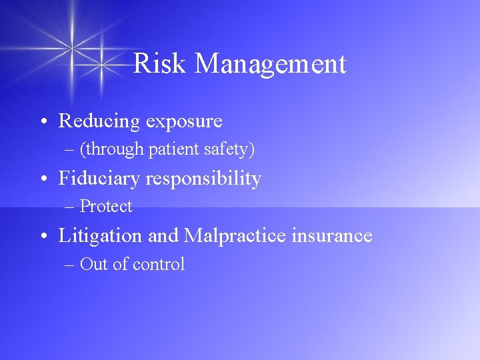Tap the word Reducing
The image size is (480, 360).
pyautogui.click(x=99, y=122)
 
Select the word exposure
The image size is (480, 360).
pyautogui.click(x=184, y=122)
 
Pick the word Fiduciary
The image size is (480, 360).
pyautogui.click(x=99, y=179)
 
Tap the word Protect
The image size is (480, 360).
pyautogui.click(x=106, y=207)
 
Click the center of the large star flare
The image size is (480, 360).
pyautogui.click(x=72, y=47)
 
